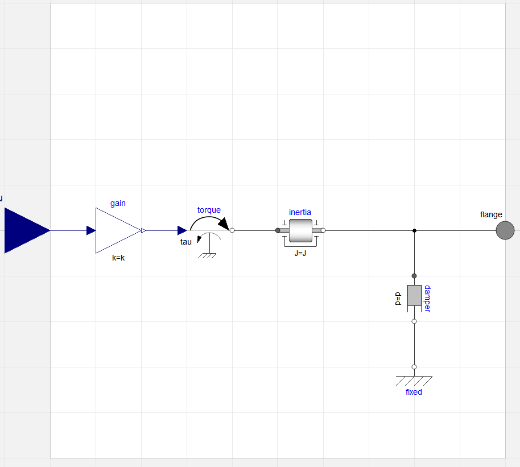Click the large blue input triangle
coord(26,230)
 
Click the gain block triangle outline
coord(114,230)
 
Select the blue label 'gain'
coord(118,203)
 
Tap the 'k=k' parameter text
coord(118,258)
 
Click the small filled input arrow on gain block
coord(91,230)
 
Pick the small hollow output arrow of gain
coord(143,230)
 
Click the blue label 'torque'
coord(209,210)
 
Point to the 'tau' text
coord(186,242)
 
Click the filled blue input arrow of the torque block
coord(182,230)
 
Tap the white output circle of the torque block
coord(232,230)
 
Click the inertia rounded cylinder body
coord(300,230)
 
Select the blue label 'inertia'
coord(300,212)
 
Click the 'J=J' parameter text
coord(300,253)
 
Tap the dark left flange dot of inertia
coord(278,230)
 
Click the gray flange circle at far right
coord(505,230)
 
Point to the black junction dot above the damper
coord(414,230)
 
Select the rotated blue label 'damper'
coord(427,299)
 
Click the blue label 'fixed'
coord(414,392)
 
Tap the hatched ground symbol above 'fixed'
coord(414,380)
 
